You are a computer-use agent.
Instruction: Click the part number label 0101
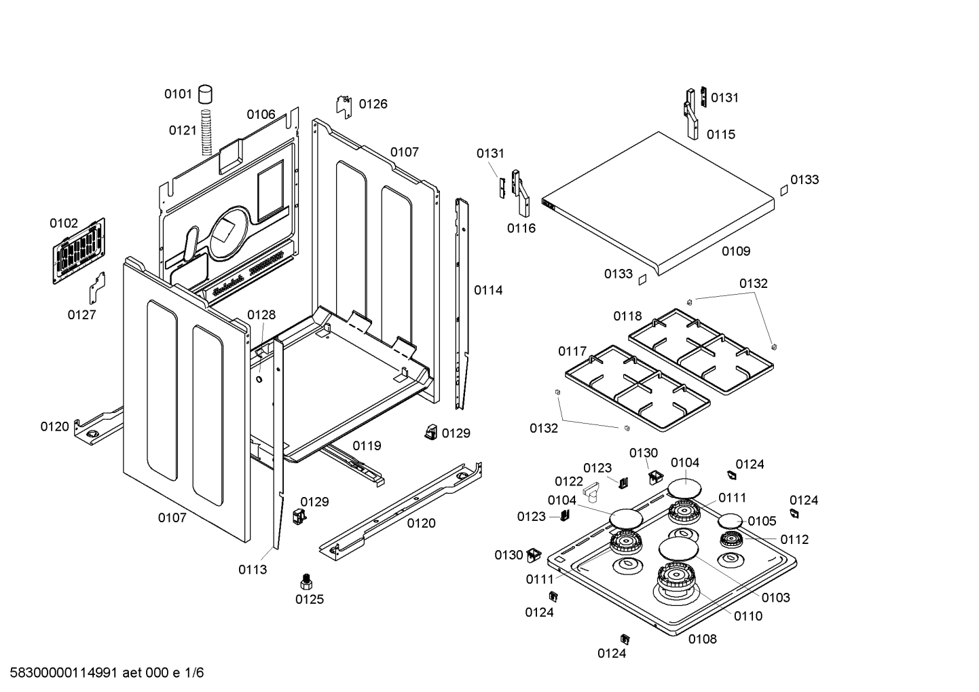(178, 94)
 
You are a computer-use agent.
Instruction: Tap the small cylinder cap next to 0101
(206, 94)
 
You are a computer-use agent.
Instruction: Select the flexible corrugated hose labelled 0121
(206, 132)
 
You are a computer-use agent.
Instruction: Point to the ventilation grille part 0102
(79, 251)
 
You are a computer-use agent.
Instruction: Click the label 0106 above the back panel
(261, 115)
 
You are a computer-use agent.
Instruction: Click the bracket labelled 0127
(97, 288)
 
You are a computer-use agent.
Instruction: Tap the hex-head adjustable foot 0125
(306, 582)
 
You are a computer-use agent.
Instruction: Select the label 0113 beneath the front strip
(253, 570)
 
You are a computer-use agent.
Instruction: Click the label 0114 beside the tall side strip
(488, 290)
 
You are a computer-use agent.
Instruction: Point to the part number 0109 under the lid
(736, 251)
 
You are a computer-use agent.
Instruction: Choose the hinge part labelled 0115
(691, 114)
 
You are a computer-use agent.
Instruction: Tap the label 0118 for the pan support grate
(627, 316)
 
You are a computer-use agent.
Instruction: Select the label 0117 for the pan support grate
(572, 352)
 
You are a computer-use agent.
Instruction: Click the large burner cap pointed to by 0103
(678, 548)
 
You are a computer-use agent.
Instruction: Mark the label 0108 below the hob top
(703, 639)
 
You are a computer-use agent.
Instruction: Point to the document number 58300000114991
(64, 673)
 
